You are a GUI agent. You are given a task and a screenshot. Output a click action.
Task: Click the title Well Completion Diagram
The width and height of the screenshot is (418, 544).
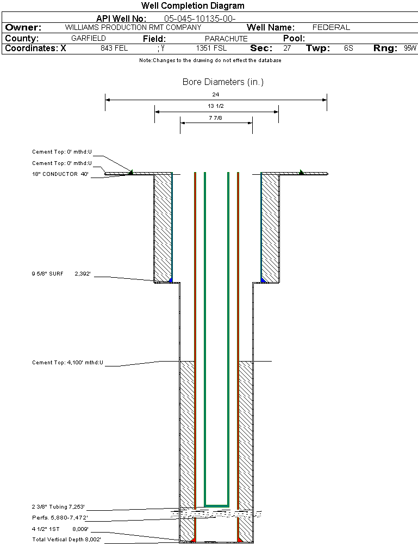click(192, 6)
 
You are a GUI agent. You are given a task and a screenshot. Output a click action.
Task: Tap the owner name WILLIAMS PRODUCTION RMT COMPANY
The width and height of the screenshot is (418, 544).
click(133, 27)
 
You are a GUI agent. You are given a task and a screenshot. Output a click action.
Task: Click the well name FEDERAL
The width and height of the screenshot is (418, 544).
click(331, 27)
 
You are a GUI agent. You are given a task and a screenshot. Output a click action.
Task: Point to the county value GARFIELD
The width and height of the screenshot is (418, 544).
click(89, 39)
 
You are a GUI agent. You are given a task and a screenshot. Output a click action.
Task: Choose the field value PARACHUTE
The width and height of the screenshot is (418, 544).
click(226, 39)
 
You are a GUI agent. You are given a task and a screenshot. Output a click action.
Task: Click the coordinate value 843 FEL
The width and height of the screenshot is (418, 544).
click(114, 48)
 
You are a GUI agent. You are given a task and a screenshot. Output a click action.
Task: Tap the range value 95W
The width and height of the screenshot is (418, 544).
click(410, 48)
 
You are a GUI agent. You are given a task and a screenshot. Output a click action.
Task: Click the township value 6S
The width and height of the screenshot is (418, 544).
click(348, 48)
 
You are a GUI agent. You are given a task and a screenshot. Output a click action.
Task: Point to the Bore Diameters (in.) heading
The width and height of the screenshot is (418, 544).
click(223, 82)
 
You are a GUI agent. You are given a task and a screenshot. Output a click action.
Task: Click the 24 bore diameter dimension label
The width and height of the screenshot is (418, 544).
click(216, 94)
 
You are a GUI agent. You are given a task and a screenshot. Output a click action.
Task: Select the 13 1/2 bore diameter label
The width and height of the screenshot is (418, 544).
click(216, 106)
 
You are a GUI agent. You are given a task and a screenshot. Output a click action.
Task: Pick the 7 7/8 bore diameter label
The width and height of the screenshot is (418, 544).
click(216, 117)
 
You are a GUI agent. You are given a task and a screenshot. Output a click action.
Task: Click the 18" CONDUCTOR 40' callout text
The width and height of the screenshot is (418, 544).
click(60, 174)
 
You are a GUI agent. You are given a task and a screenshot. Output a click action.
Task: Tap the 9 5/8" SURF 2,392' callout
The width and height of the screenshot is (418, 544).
click(60, 274)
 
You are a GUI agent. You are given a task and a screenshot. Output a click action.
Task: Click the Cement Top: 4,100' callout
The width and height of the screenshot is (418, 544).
click(67, 362)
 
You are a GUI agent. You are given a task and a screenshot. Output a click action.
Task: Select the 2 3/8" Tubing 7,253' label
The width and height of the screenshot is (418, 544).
click(58, 506)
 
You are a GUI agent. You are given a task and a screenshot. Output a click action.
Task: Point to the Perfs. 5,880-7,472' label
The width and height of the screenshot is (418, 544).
click(60, 517)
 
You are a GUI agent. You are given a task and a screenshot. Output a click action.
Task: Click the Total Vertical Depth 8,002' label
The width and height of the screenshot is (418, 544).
click(66, 539)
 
